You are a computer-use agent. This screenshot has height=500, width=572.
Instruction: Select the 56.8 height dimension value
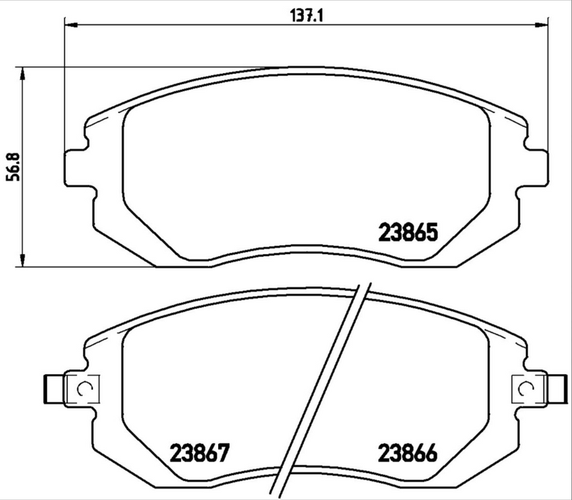click(x=11, y=166)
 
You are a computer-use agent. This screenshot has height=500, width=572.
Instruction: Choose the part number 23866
click(x=407, y=453)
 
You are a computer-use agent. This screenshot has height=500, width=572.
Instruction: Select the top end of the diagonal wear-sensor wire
click(x=362, y=283)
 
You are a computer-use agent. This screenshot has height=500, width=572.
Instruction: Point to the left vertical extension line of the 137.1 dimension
click(x=65, y=86)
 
